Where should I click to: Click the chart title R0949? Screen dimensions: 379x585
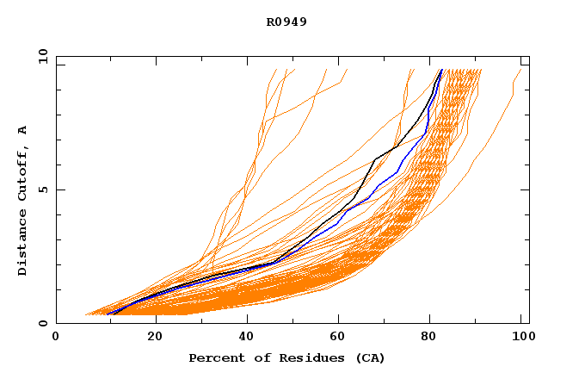click(x=286, y=22)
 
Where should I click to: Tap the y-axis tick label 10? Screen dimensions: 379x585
click(x=41, y=56)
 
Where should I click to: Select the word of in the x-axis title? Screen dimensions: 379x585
click(x=267, y=357)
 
